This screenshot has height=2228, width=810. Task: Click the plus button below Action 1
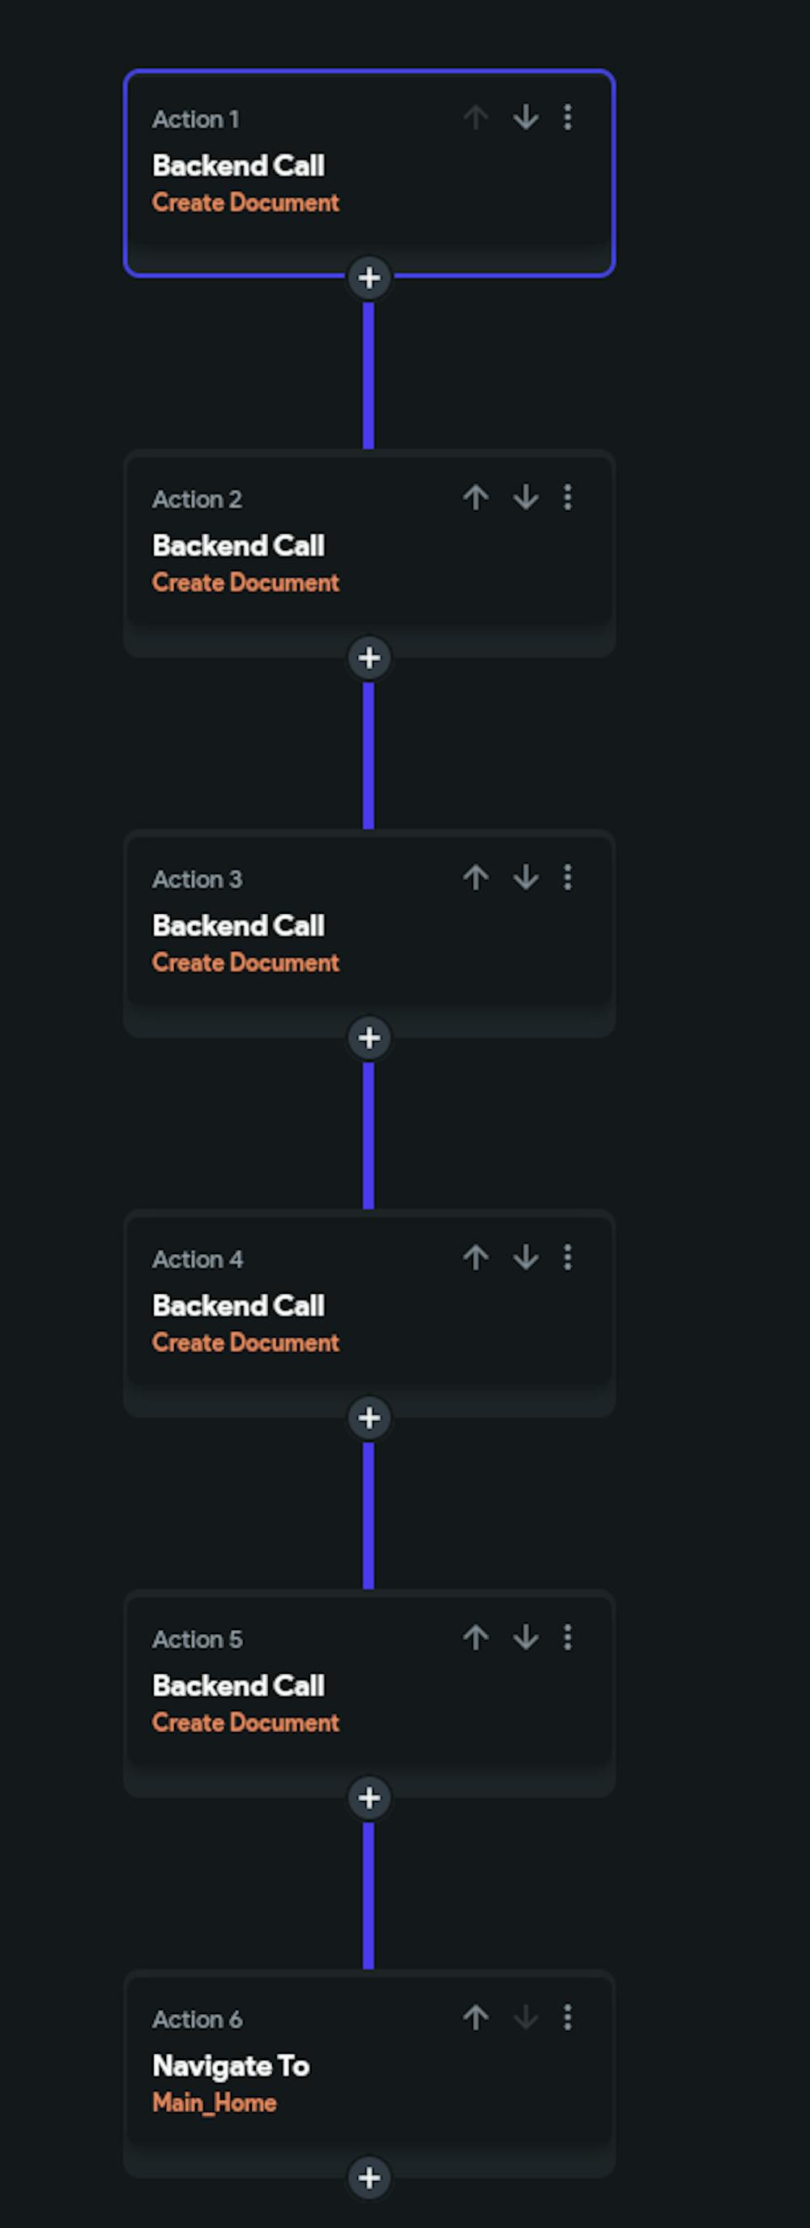click(x=369, y=278)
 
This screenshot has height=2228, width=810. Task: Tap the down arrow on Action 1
click(x=526, y=117)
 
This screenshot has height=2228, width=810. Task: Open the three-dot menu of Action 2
click(x=567, y=497)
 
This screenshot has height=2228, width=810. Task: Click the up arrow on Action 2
click(x=475, y=497)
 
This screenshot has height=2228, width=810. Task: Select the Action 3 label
click(x=197, y=880)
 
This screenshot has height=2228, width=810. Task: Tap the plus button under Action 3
click(x=369, y=1038)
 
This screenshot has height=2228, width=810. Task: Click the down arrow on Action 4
click(x=526, y=1257)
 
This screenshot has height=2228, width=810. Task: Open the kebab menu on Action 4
click(x=567, y=1257)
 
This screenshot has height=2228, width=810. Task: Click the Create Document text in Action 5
click(x=245, y=1723)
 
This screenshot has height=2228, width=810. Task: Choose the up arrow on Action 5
click(x=475, y=1637)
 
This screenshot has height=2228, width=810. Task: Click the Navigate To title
click(x=231, y=2066)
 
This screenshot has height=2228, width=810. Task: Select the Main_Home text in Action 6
click(x=215, y=2103)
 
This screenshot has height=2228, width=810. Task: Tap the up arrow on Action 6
click(x=475, y=2018)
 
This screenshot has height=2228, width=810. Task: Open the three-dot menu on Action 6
click(x=567, y=2018)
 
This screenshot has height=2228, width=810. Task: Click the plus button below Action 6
click(x=369, y=2178)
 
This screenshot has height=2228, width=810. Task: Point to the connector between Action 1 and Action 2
click(x=369, y=376)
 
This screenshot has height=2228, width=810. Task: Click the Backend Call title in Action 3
click(x=239, y=925)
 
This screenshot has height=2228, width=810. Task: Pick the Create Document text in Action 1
click(x=245, y=203)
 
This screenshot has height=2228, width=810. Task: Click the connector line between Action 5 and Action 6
click(x=369, y=1896)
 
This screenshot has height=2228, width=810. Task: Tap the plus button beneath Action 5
click(x=369, y=1798)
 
